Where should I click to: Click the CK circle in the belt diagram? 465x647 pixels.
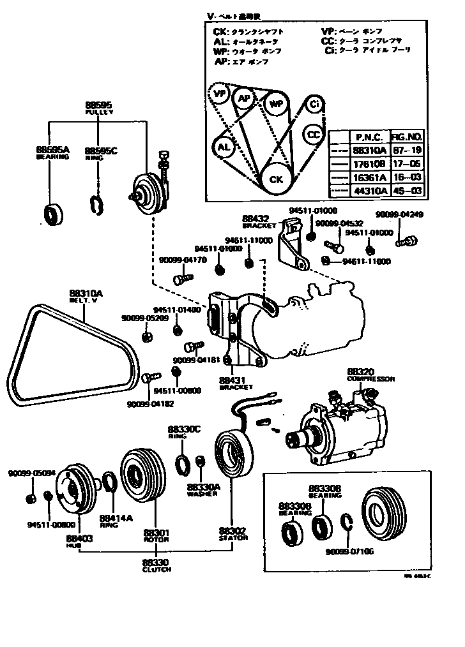[276, 179]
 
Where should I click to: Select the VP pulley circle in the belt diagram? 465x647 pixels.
[221, 94]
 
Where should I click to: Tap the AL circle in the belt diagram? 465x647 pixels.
[223, 147]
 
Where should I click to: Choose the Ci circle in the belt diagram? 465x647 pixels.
[314, 104]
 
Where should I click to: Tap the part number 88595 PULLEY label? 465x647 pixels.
[98, 108]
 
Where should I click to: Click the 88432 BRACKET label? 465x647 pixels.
[259, 221]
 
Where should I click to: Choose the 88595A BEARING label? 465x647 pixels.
[52, 152]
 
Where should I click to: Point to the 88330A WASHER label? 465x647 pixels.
[203, 489]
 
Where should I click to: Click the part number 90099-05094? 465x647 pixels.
[32, 473]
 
